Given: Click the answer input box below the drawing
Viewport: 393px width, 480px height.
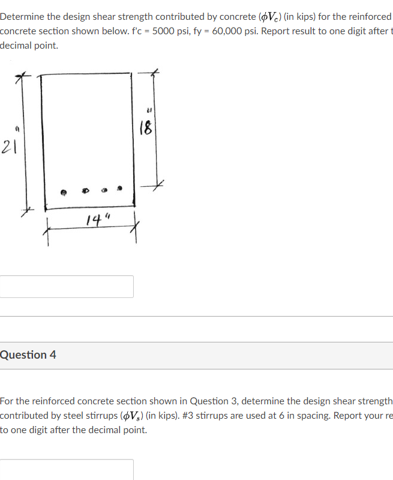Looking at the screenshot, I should coord(67,287).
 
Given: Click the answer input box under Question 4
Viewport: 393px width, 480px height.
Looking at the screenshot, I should coord(67,469).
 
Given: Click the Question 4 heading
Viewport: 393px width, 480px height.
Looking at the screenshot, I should coord(28,354).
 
